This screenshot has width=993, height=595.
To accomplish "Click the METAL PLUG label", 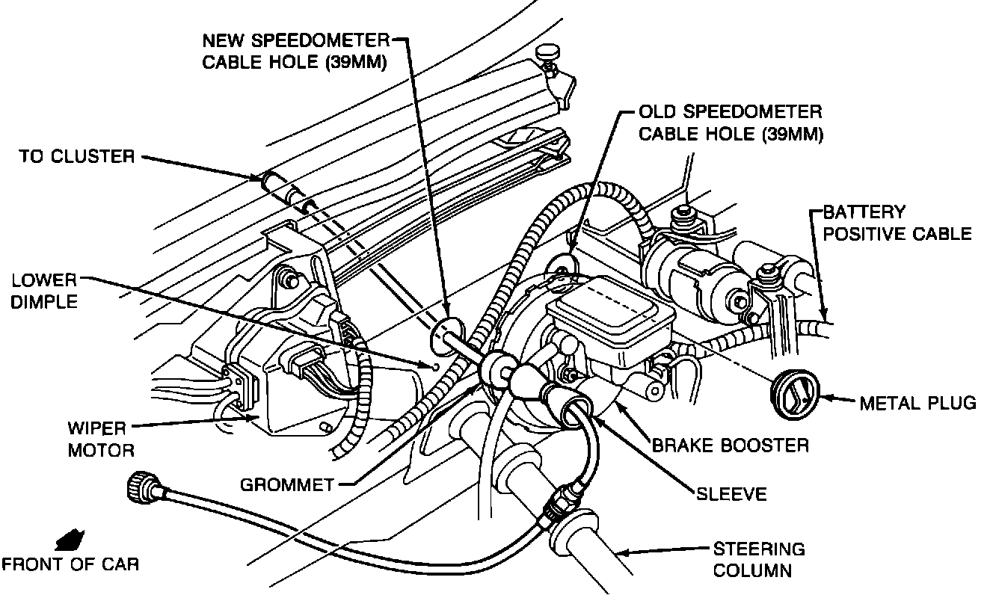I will click(917, 404).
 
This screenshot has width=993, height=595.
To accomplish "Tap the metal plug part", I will click(795, 392).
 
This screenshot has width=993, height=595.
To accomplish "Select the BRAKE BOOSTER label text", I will click(731, 446).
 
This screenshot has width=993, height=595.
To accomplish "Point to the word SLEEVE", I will click(731, 494).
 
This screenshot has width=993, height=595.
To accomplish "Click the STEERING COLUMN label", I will click(758, 559).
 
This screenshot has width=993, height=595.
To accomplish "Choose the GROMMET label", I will click(286, 484).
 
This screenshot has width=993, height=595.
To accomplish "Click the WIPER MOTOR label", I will click(101, 440).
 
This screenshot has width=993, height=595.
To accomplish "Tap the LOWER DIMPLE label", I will click(44, 292).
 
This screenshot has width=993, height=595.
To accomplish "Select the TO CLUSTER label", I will click(77, 157).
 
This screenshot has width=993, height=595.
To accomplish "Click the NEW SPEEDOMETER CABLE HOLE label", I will click(295, 51).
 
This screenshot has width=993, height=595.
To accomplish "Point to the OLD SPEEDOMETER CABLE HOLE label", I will click(730, 123).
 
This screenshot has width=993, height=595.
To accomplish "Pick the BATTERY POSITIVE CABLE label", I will click(897, 223).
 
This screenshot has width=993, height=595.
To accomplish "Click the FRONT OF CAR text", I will click(70, 563).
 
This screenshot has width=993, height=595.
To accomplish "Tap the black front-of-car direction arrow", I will click(70, 538).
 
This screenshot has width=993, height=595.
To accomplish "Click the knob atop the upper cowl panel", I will click(548, 54).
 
